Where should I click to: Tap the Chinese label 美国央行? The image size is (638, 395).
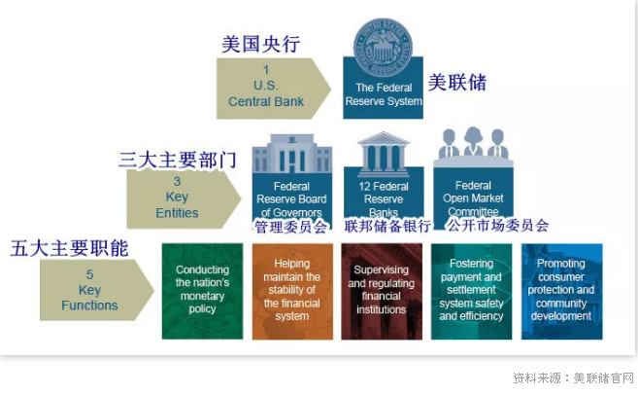(260, 44)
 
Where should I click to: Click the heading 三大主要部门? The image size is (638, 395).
(179, 160)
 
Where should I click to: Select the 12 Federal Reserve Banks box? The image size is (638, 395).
(383, 197)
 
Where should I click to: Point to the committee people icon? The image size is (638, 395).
(473, 144)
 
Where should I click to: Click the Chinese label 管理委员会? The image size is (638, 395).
(291, 227)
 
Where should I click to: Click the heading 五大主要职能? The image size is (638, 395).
(69, 248)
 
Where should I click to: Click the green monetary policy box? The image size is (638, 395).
(202, 290)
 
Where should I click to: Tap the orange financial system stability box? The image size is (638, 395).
(291, 290)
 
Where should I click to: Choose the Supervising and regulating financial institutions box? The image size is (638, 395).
(382, 290)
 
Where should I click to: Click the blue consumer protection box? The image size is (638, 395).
(561, 290)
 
